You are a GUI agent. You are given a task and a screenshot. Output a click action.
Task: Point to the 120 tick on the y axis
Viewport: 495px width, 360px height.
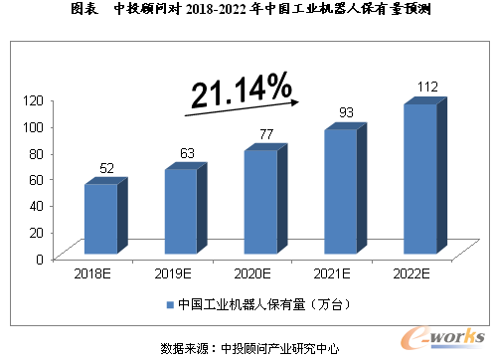(37, 100)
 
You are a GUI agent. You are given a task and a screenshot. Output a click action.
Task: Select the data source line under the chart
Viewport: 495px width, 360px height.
(248, 348)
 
